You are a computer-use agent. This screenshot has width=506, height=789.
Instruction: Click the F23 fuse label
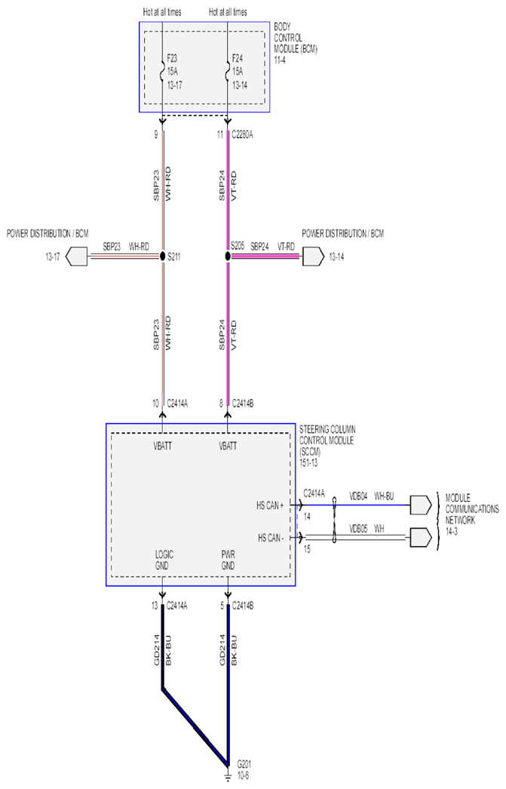click(x=172, y=58)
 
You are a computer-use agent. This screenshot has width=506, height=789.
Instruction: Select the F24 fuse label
click(x=238, y=58)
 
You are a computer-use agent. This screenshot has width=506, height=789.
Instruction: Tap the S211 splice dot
click(x=162, y=256)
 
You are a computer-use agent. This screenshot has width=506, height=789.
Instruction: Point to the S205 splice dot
click(x=228, y=256)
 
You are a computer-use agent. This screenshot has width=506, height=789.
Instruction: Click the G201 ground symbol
click(x=228, y=775)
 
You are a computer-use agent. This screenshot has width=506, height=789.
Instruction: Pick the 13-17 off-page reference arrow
click(x=76, y=256)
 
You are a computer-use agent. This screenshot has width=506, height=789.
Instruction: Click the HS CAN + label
click(x=270, y=505)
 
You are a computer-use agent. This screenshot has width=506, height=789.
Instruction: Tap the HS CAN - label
click(x=271, y=538)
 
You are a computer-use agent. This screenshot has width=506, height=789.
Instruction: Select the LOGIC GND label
click(x=164, y=560)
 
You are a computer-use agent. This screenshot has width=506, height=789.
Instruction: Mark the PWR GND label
click(x=228, y=560)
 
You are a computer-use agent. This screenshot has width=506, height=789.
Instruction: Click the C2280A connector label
click(x=242, y=134)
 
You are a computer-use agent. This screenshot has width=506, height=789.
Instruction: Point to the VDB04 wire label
click(x=359, y=496)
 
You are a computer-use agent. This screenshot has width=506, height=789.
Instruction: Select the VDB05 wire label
click(x=359, y=529)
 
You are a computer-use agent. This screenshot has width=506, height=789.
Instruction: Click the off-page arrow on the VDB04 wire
click(x=421, y=505)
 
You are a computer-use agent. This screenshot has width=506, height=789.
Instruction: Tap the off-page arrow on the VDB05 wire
click(x=421, y=537)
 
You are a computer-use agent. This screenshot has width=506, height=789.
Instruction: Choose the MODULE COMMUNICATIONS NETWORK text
click(x=472, y=508)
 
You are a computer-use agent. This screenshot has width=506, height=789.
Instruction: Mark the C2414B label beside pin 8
click(x=242, y=403)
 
